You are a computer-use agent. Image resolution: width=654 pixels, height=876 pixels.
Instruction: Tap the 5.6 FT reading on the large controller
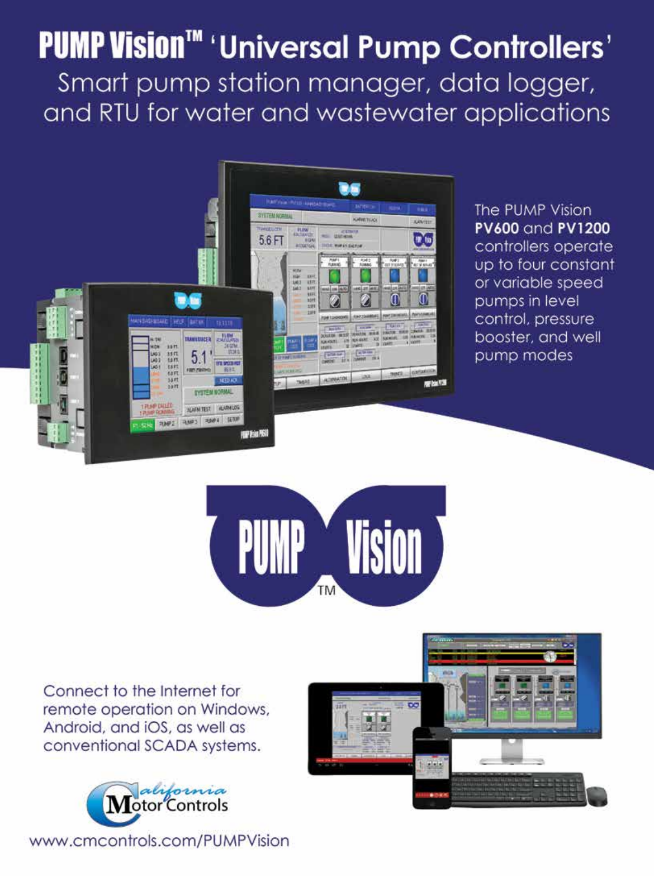(x=271, y=240)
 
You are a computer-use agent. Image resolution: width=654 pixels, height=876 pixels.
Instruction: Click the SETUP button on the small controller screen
(x=233, y=420)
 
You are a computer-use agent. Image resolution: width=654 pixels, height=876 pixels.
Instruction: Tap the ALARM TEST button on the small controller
(x=198, y=409)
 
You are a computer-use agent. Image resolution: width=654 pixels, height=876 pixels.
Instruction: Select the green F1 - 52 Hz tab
(x=143, y=426)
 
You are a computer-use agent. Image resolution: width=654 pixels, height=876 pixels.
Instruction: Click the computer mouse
(x=596, y=796)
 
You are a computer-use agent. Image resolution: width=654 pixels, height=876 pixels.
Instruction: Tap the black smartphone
(x=432, y=767)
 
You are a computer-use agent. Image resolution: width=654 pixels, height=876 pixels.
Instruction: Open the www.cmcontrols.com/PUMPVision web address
(x=159, y=841)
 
